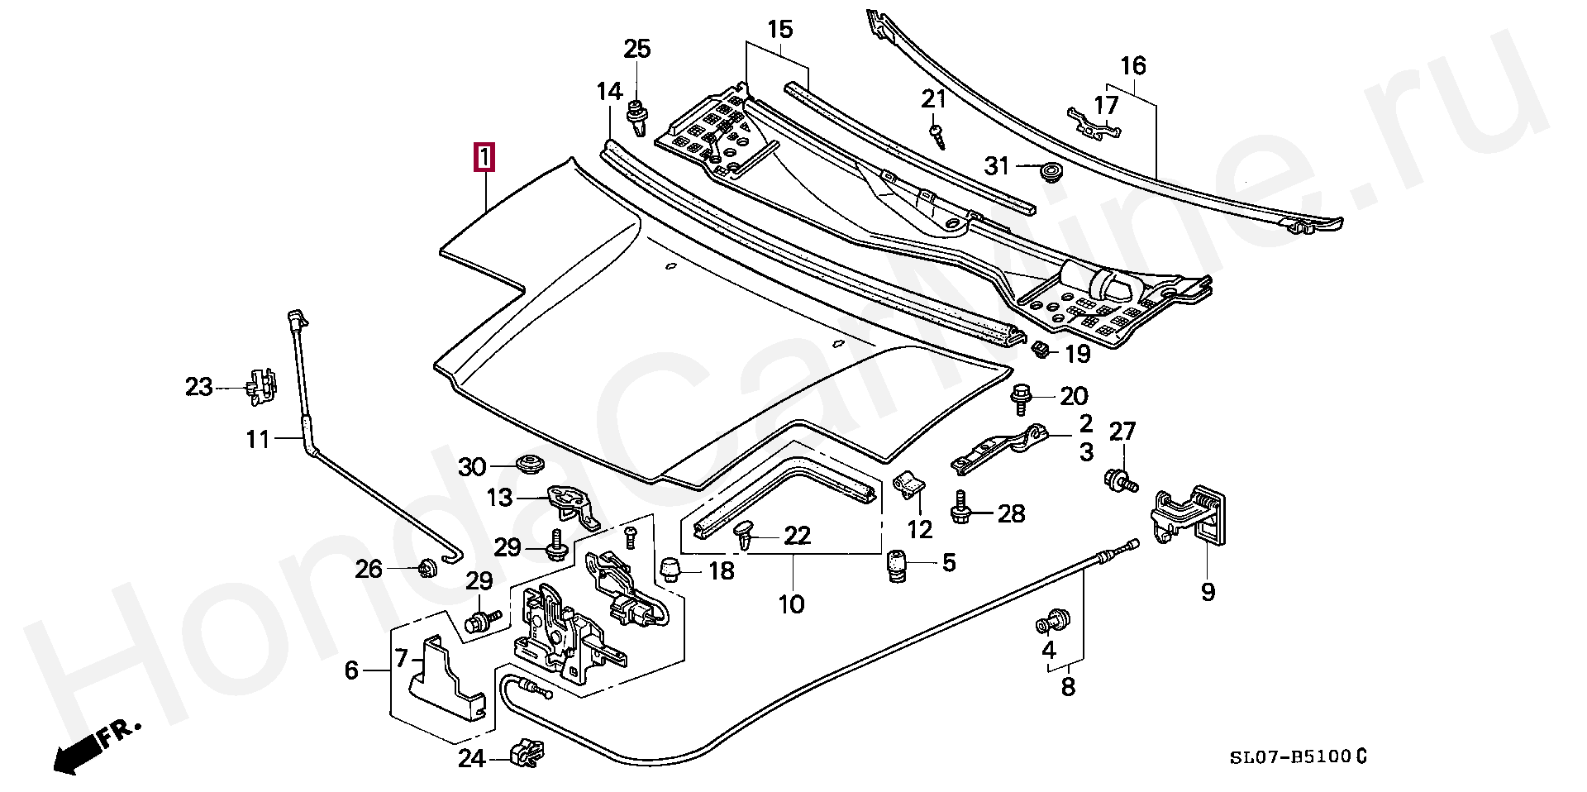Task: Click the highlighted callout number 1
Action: pos(485,158)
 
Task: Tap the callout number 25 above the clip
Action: pos(637,49)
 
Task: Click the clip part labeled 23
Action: pos(260,387)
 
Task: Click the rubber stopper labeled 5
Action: pos(896,566)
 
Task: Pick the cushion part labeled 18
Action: pos(670,569)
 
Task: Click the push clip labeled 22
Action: pos(746,534)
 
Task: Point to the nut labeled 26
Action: pos(427,568)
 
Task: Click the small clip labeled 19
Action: pos(1041,350)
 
